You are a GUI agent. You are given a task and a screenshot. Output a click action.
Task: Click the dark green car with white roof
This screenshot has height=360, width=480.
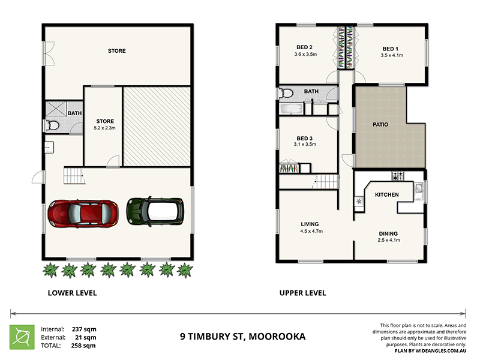[x=154, y=211]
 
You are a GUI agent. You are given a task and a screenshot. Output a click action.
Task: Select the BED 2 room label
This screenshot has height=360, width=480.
[x=304, y=47]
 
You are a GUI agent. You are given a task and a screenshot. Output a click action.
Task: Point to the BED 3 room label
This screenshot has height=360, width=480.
[x=305, y=138]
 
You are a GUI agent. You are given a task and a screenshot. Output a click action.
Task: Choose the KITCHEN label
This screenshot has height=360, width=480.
[x=387, y=195]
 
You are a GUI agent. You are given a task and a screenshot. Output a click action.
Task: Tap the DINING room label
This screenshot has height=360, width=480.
[x=388, y=233]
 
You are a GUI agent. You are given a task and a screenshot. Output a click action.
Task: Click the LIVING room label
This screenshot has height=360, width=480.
[x=310, y=224]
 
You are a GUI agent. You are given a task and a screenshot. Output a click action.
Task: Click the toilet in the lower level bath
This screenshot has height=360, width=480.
[x=52, y=125]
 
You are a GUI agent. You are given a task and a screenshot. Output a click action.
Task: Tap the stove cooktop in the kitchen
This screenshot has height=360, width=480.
[x=397, y=176]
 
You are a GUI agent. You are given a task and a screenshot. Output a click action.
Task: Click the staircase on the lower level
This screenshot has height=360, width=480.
[x=74, y=176]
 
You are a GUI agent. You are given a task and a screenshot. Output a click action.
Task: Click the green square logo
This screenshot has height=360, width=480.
[x=21, y=337]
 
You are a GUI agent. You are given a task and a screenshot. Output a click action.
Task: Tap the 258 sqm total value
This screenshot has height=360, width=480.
[x=85, y=346]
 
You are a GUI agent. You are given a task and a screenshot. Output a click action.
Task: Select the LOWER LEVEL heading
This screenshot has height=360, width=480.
[x=72, y=293]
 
